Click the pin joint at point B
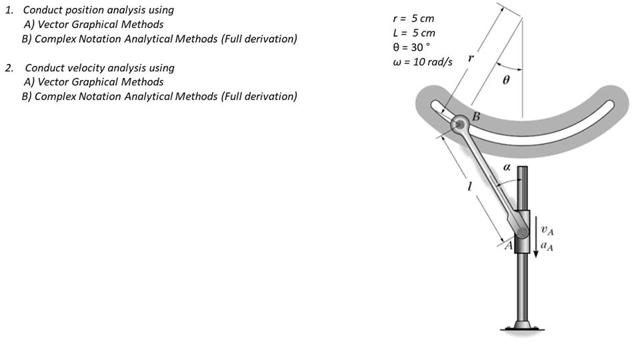[x=461, y=124]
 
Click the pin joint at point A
[x=522, y=232]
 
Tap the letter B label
[x=476, y=117]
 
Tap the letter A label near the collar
[x=509, y=246]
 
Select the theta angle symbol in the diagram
[x=506, y=80]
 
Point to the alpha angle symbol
[x=507, y=167]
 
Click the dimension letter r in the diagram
[x=471, y=58]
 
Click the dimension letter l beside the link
[x=469, y=186]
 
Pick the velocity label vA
[x=547, y=231]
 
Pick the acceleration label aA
[x=547, y=246]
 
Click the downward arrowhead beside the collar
[x=536, y=254]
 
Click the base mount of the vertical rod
[x=523, y=326]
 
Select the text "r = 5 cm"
[x=413, y=19]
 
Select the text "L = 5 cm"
[x=414, y=33]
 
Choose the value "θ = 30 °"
[x=411, y=47]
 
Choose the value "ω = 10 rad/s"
[x=423, y=62]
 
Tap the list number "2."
[x=9, y=68]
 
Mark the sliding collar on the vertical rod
[x=522, y=231]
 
